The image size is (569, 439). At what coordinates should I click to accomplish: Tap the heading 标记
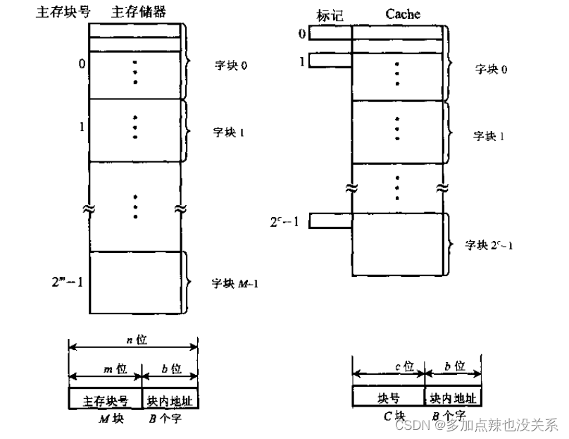pos(330,14)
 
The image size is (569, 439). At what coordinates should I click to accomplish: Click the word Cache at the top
pos(403,13)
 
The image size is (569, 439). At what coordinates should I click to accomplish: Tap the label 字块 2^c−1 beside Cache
pos(489,245)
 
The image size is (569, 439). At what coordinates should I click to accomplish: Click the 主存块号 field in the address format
pos(105,399)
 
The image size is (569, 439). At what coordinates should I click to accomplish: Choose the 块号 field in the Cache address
pos(388,397)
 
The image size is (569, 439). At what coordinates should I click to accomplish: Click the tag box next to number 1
pos(330,61)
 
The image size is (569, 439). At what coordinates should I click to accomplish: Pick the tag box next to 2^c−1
pos(330,221)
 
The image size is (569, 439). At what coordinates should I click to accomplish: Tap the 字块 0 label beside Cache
pos(490,69)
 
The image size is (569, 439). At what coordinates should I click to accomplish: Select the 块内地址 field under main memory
pos(170,400)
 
